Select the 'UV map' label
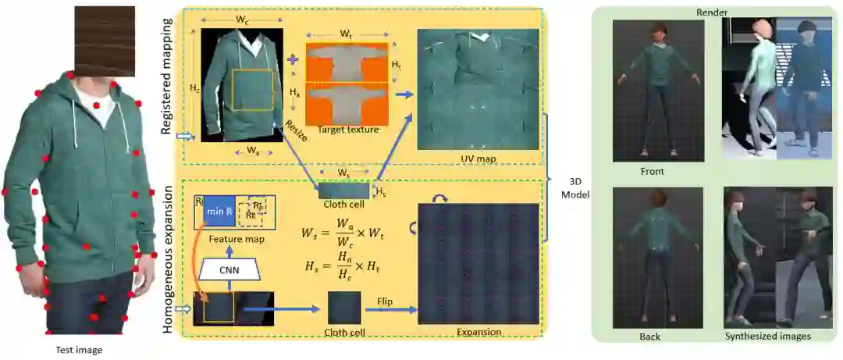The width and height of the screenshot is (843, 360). (x=476, y=159)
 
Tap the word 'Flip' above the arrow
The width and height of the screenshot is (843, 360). (x=385, y=301)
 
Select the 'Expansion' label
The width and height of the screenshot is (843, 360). (x=478, y=332)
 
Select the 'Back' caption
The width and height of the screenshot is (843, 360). (x=649, y=337)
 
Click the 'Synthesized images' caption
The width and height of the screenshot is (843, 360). (x=770, y=337)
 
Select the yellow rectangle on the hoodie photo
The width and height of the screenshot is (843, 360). (x=252, y=89)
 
